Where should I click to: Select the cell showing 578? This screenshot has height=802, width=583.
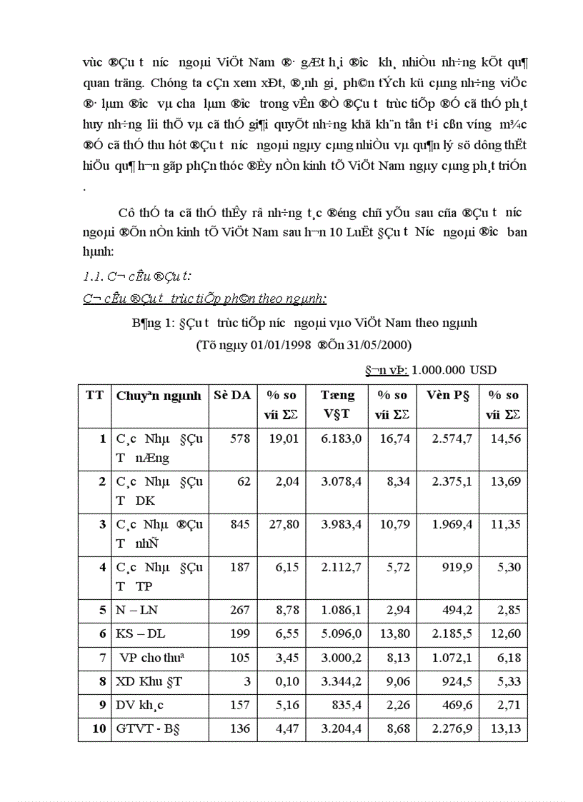click(x=239, y=438)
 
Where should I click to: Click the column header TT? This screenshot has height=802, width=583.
click(x=94, y=395)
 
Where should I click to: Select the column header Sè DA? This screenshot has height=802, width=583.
click(x=229, y=395)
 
